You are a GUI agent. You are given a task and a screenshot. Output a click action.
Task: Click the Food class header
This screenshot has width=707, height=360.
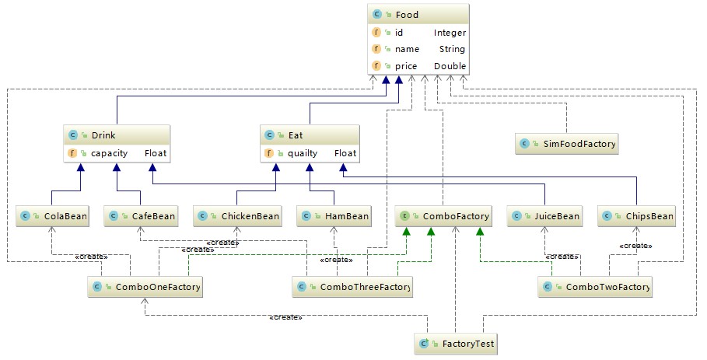[x=418, y=15]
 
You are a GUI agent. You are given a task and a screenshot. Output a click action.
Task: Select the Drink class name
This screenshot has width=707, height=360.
[x=103, y=135]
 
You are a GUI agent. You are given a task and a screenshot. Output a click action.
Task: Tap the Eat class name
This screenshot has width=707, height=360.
[x=296, y=135]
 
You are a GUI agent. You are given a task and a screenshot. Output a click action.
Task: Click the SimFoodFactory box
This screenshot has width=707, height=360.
[x=567, y=144]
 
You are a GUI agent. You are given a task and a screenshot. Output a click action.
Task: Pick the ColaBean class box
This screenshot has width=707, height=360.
[x=52, y=216]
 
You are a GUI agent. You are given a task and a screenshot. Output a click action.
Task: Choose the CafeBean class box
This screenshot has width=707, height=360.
[x=140, y=216]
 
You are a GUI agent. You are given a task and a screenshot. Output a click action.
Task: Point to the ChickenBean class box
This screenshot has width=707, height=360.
[x=238, y=216]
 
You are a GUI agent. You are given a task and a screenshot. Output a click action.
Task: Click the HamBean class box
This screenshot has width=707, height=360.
[x=334, y=216]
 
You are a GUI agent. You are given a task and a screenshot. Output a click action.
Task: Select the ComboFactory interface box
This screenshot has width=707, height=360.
[x=443, y=216]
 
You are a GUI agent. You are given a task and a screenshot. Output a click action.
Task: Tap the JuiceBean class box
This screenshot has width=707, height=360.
[x=544, y=216]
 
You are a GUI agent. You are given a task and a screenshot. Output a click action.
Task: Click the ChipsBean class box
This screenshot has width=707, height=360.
[x=636, y=216]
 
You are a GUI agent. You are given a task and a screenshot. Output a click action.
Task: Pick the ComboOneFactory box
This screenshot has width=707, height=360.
[x=145, y=287]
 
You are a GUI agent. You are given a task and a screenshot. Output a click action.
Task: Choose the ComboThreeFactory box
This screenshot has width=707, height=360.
[x=352, y=287]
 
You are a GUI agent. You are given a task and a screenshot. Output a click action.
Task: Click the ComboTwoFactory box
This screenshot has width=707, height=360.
[x=595, y=287]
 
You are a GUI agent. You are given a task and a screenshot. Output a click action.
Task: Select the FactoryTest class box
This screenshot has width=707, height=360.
[x=457, y=344]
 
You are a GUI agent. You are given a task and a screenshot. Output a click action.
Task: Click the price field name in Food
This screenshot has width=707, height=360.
[x=406, y=66]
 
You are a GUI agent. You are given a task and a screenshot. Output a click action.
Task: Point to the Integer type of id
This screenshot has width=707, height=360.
[x=450, y=33]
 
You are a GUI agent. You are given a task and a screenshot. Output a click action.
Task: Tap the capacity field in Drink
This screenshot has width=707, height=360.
[x=109, y=154]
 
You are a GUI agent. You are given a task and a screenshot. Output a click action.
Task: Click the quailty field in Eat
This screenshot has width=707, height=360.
[x=303, y=154]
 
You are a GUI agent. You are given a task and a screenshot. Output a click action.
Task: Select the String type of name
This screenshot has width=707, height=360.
[x=452, y=49]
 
